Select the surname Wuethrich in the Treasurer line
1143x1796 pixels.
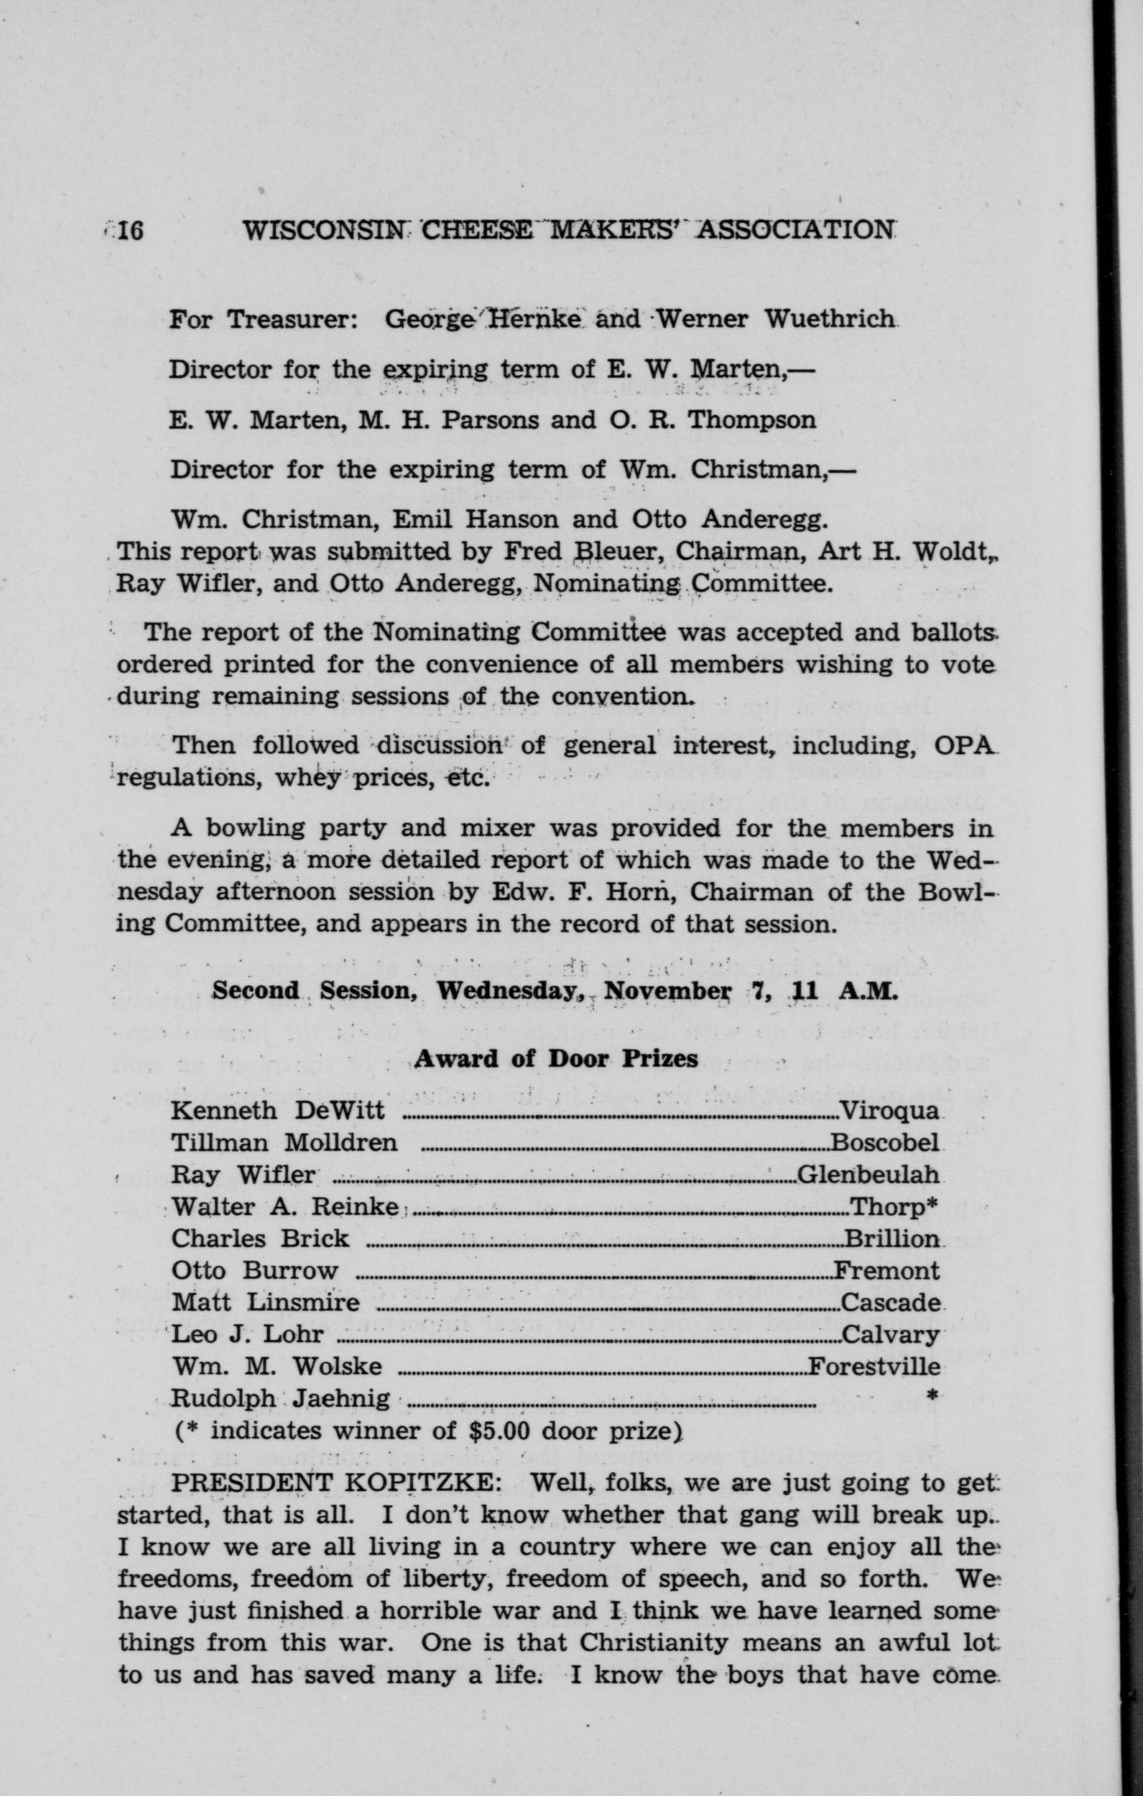(829, 319)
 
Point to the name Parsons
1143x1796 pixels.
(487, 420)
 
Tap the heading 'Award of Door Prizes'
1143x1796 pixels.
(556, 1059)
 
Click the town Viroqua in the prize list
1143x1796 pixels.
(889, 1112)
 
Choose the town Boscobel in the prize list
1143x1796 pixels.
(884, 1143)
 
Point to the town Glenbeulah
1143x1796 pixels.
(868, 1175)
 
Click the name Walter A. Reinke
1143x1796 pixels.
(284, 1206)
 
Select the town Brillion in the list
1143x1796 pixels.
(891, 1239)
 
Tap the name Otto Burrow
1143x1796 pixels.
(255, 1271)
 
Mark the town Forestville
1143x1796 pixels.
(874, 1367)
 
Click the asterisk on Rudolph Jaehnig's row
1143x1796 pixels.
(931, 1397)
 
